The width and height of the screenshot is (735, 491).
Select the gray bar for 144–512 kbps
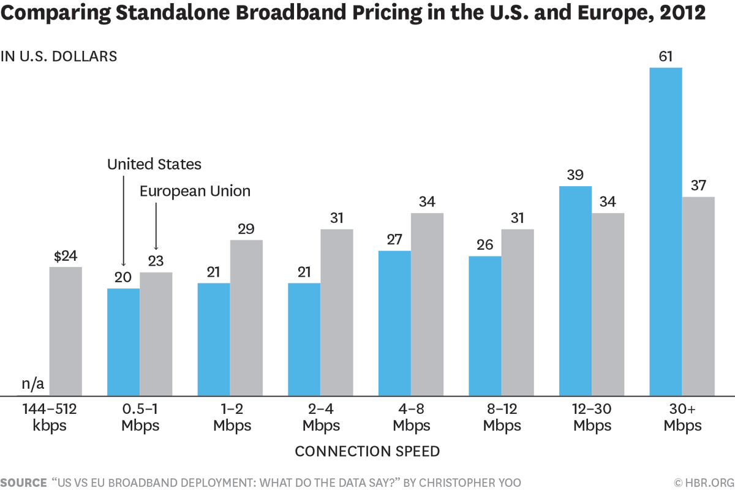tap(66, 331)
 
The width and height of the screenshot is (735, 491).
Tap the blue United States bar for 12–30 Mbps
tap(575, 291)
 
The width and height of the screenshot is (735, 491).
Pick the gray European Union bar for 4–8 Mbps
tap(427, 304)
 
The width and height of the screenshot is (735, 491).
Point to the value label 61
tap(665, 57)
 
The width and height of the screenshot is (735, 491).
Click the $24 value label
tap(65, 256)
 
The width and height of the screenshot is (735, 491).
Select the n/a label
tap(33, 385)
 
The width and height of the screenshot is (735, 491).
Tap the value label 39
tap(575, 175)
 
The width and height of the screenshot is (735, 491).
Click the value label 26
tap(484, 245)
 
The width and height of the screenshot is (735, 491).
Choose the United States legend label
tap(154, 164)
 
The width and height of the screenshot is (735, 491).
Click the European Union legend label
tap(195, 190)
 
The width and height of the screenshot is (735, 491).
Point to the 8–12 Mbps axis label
tap(502, 417)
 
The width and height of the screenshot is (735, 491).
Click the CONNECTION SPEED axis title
tap(367, 451)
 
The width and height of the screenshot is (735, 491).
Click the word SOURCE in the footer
tap(23, 482)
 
